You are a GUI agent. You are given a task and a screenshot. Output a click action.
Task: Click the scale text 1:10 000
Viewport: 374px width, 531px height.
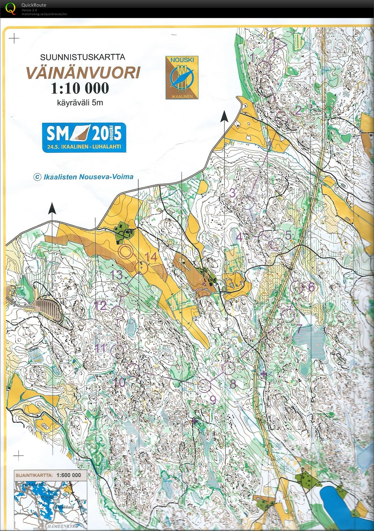[80, 88]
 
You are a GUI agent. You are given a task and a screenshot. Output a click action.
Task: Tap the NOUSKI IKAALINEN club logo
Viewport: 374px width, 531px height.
[182, 78]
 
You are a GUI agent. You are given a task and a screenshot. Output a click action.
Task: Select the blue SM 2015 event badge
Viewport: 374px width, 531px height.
[84, 137]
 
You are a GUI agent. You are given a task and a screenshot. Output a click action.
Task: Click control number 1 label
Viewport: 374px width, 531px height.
[253, 58]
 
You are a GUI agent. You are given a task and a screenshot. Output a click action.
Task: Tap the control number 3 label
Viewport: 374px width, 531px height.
[232, 193]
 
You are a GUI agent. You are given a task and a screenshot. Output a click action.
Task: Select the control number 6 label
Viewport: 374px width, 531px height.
[311, 287]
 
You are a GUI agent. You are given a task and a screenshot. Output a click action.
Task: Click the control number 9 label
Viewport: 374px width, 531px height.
[213, 400]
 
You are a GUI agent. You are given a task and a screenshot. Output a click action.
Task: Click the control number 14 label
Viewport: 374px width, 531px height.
[151, 257]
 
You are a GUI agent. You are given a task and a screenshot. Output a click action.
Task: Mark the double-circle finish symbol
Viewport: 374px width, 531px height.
[125, 252]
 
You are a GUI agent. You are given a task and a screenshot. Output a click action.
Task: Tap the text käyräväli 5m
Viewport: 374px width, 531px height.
[80, 103]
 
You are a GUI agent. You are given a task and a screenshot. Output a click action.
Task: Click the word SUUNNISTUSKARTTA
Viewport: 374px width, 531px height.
[82, 57]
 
